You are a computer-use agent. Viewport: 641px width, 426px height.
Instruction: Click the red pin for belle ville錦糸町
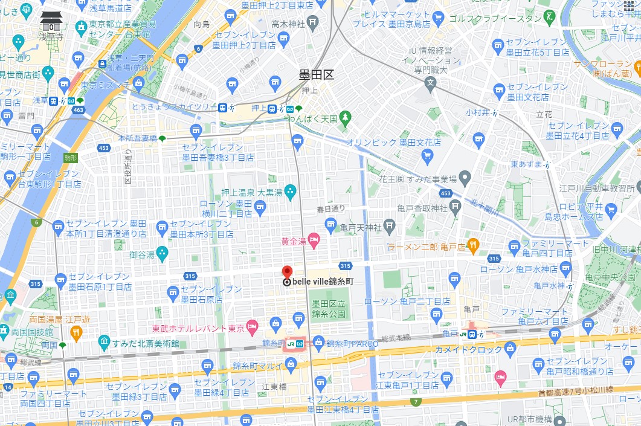click(x=287, y=273)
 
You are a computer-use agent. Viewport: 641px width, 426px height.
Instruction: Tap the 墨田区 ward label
click(x=316, y=75)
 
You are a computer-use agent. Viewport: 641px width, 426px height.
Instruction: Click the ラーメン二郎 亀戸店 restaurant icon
click(x=473, y=245)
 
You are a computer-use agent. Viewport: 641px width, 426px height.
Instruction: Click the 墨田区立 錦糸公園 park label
click(x=329, y=309)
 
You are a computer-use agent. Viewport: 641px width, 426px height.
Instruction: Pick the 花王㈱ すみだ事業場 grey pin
click(x=465, y=177)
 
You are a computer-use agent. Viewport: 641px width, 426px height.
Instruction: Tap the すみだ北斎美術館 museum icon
click(x=104, y=343)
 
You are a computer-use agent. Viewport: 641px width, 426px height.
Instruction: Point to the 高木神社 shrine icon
click(x=312, y=23)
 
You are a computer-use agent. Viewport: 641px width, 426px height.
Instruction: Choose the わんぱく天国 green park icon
click(x=345, y=116)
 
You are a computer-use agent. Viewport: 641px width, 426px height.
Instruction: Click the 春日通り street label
click(x=331, y=209)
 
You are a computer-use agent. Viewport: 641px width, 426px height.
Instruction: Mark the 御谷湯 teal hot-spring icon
click(x=162, y=254)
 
